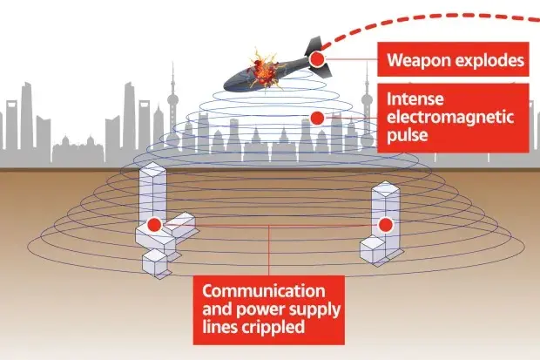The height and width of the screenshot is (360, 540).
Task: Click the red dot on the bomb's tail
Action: pos(318,58)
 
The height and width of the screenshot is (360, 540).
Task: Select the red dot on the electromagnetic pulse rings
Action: pos(317,117)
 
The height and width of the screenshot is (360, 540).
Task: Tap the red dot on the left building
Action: pos(153,225)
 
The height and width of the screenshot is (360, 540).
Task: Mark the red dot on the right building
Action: pos(384,223)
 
